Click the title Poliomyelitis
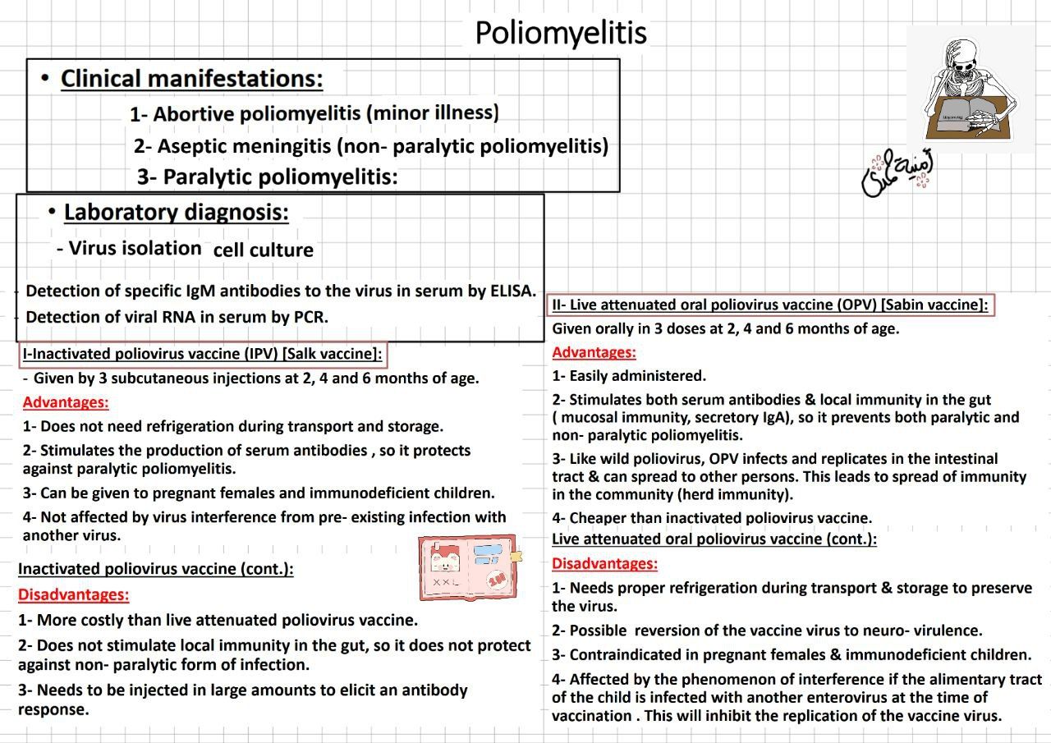coord(561,33)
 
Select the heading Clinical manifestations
coord(191,79)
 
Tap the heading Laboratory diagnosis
coord(176,212)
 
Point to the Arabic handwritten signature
coord(897,172)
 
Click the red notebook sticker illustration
coord(467,566)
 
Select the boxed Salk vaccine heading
coord(203,355)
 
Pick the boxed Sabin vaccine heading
coord(770,305)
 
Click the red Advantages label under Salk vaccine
coord(66,402)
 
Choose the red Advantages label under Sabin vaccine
coord(594,352)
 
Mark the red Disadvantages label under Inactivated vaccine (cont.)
coord(73,594)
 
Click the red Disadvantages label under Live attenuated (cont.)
coord(604,563)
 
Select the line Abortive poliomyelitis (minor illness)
coord(314,113)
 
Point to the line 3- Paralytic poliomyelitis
coord(268,177)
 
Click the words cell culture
coord(263,250)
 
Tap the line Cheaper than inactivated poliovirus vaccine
coord(712,518)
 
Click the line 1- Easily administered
coord(629,376)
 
